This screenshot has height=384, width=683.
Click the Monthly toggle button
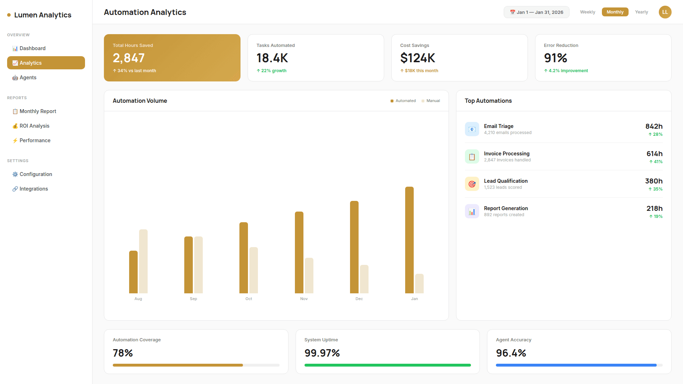615,12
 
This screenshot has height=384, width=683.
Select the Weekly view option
587,12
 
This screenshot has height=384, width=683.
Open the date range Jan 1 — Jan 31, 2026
536,12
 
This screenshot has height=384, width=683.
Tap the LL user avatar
665,12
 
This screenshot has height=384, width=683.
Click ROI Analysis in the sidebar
34,126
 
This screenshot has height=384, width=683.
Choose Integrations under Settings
33,189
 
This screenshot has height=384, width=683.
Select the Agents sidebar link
28,78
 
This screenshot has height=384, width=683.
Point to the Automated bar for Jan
409,240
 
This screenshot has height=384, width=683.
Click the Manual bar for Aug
143,261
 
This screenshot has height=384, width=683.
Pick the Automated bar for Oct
244,258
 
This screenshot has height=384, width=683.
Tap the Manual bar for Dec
364,279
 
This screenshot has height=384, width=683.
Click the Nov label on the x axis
304,299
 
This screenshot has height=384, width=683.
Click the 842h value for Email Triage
653,126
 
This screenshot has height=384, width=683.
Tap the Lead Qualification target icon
472,184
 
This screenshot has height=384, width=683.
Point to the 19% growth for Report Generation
656,217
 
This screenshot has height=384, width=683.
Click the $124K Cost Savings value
417,58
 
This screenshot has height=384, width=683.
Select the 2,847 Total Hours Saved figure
128,58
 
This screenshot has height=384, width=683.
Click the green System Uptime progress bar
387,365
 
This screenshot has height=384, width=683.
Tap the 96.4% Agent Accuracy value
510,353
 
